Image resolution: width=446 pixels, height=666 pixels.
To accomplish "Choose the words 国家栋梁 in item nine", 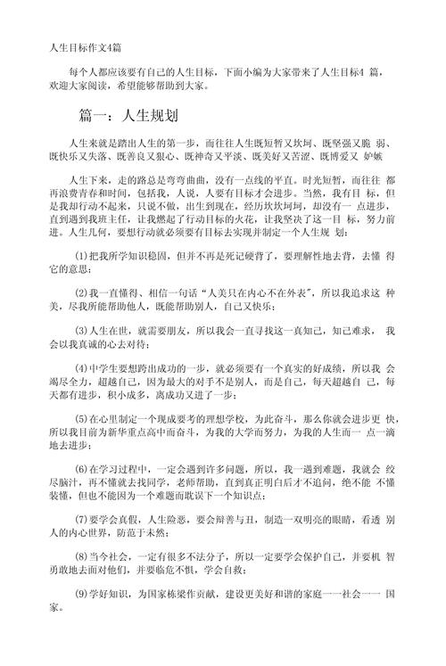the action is [175, 618].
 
